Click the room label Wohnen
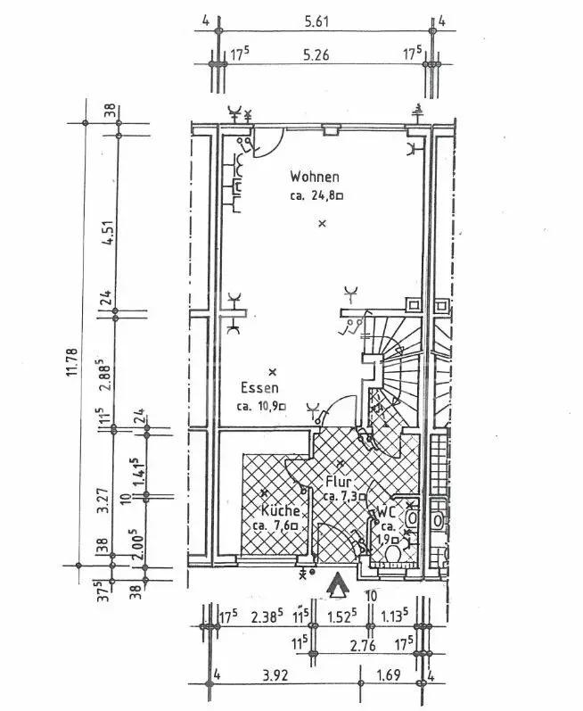[315, 177]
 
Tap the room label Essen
[259, 388]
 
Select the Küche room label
[281, 510]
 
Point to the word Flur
[339, 482]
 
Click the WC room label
[386, 512]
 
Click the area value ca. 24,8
[316, 196]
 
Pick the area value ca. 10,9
[261, 406]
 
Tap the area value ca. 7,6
[275, 526]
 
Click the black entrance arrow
[337, 585]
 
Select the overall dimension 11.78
[71, 361]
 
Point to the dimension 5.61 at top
[316, 21]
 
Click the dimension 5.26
[316, 55]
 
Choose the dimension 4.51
[109, 232]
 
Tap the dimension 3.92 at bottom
[275, 675]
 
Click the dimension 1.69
[389, 675]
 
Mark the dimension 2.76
[363, 645]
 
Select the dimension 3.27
[103, 500]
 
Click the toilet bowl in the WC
[393, 554]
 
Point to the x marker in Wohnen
[322, 223]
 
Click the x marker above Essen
[272, 372]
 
